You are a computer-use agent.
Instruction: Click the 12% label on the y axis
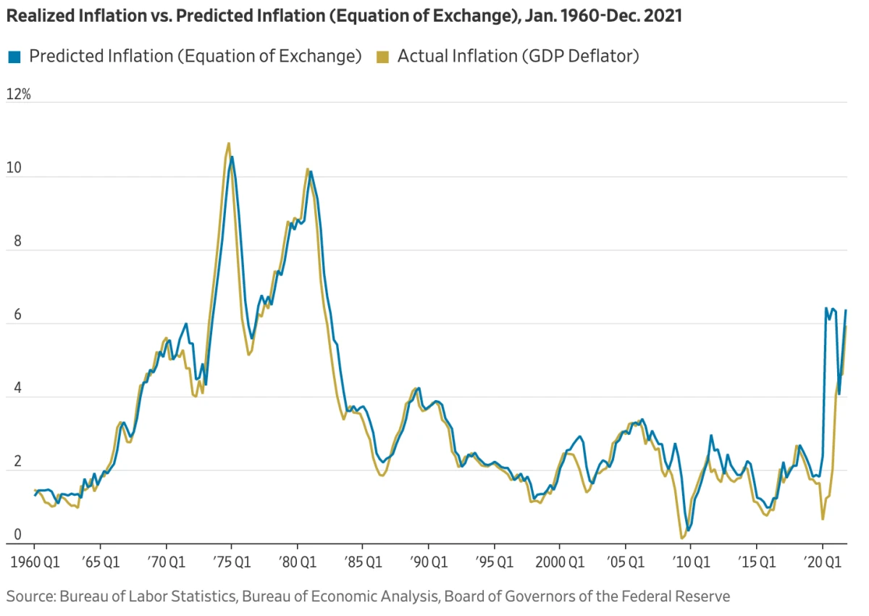point(18,95)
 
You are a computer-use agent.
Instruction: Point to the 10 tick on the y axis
point(14,168)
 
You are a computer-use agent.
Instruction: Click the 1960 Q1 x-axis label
point(34,562)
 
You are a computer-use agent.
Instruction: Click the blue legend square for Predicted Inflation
point(14,57)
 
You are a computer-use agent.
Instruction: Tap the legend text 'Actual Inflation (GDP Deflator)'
point(518,57)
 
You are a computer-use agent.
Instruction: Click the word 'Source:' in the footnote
point(30,596)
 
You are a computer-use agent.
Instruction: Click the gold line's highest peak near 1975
point(229,143)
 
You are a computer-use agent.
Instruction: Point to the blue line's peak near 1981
point(311,172)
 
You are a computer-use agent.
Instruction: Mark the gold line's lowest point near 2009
point(681,538)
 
